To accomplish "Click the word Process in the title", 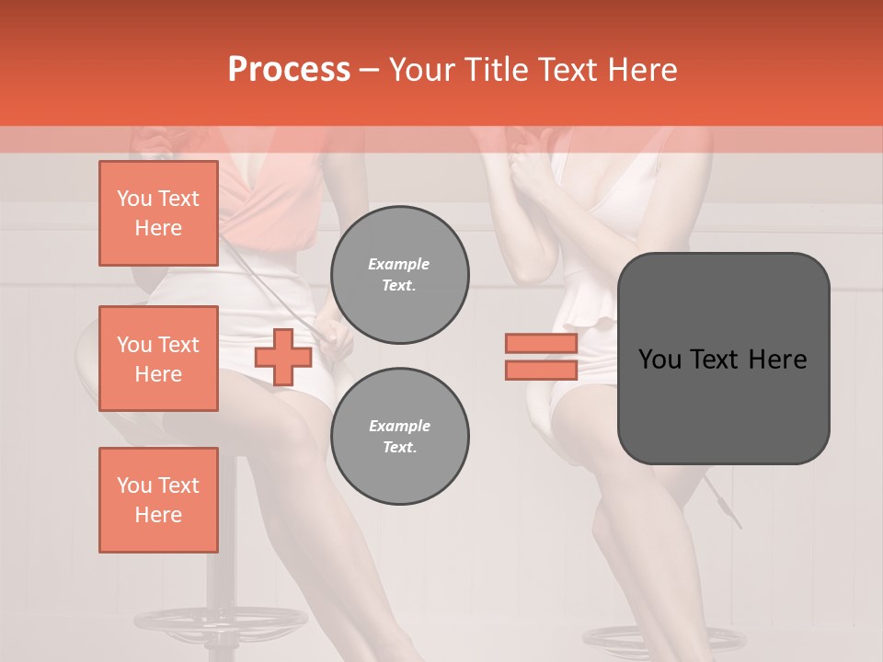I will click(x=289, y=70).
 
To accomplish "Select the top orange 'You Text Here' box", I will click(x=158, y=213).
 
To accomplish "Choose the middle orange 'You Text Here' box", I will click(x=158, y=359).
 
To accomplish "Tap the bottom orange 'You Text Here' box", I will click(x=158, y=500).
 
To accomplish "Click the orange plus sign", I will click(x=283, y=357).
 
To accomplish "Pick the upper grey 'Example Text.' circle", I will click(x=400, y=275).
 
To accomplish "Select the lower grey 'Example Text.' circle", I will click(x=400, y=437).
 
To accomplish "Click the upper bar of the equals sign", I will click(x=541, y=343).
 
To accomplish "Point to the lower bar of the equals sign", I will click(x=541, y=370).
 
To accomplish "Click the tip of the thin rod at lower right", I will click(x=739, y=527).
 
